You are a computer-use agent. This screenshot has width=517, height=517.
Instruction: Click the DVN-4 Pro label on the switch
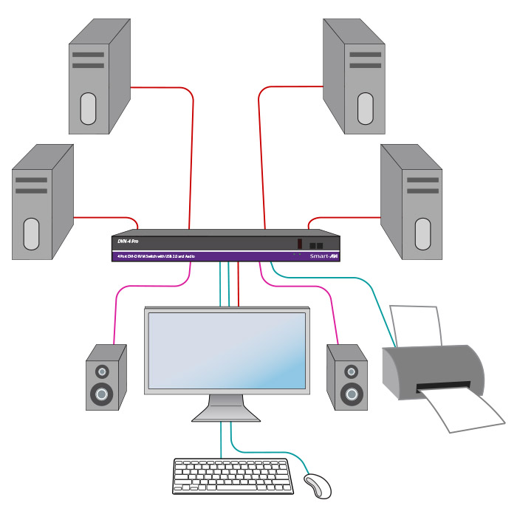click(x=129, y=242)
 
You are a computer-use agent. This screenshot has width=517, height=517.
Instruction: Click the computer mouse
click(x=318, y=485)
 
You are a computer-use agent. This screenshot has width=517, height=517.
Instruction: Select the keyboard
click(x=235, y=476)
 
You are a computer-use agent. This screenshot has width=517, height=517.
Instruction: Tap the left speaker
click(x=102, y=377)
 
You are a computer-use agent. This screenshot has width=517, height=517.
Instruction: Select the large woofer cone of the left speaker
click(x=102, y=393)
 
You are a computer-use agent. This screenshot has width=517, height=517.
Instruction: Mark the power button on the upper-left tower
click(x=88, y=108)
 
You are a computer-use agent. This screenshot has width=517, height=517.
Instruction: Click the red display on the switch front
click(x=300, y=244)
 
